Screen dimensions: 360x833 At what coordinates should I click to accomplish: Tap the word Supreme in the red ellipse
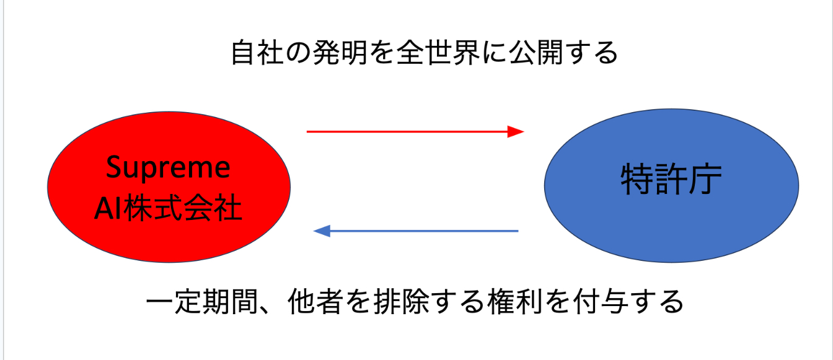pos(169,167)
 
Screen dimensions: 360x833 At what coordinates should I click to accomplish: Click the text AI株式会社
pos(168,209)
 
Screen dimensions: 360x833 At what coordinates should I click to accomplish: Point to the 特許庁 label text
pos(671,180)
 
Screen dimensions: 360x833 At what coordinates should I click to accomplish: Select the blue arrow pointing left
pos(421,231)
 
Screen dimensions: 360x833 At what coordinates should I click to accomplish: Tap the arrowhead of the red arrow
pos(516,131)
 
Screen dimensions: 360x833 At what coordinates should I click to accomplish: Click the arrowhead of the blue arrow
pos(322,231)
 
